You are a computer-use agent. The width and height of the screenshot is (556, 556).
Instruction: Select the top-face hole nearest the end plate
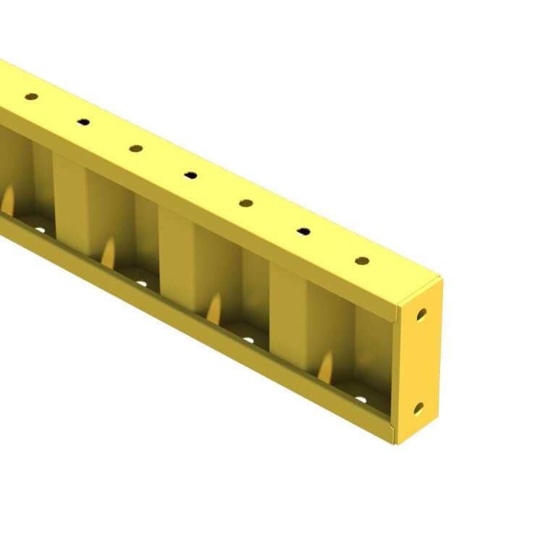pyautogui.click(x=362, y=261)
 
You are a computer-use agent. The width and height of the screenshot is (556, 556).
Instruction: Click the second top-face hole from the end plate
pyautogui.click(x=303, y=232)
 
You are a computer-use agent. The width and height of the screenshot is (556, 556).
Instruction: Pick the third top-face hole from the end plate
pyautogui.click(x=246, y=203)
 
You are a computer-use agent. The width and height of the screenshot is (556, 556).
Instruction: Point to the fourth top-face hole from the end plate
pyautogui.click(x=190, y=174)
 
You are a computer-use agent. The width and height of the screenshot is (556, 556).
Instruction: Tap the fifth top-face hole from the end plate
pyautogui.click(x=135, y=148)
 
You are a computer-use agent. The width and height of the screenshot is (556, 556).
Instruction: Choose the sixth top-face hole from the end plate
pyautogui.click(x=83, y=122)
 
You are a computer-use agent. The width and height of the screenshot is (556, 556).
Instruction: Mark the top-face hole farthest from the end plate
pyautogui.click(x=31, y=96)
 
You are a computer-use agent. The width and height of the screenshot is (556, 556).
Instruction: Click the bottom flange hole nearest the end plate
pyautogui.click(x=360, y=399)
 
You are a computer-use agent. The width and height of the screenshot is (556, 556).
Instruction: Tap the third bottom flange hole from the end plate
pyautogui.click(x=141, y=283)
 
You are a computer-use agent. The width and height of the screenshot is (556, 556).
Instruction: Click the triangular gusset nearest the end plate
pyautogui.click(x=327, y=366)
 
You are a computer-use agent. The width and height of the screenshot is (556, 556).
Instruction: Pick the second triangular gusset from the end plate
pyautogui.click(x=215, y=308)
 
